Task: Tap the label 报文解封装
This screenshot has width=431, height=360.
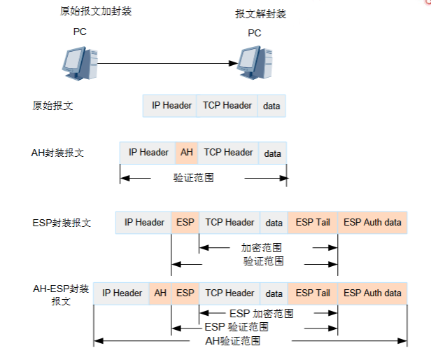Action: pos(261,14)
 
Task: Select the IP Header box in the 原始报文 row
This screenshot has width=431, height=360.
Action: pos(171,106)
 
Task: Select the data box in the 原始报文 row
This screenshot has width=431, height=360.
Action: pos(271,106)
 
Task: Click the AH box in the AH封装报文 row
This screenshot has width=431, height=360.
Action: pos(186,153)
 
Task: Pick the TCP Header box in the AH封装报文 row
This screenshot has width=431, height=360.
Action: pos(228,153)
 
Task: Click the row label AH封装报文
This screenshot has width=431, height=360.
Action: pos(58,153)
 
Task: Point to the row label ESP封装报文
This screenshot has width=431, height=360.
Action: pos(62,223)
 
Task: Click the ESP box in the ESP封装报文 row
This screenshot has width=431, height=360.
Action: pos(185,223)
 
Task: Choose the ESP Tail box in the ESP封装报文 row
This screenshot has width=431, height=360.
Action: pos(312,223)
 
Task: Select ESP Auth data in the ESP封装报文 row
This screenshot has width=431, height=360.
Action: pos(372,223)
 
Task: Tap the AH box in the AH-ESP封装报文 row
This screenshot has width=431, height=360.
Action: pos(160,293)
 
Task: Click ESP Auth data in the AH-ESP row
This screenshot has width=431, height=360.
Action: pos(372,293)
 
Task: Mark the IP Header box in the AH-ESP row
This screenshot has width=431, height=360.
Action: pos(122,293)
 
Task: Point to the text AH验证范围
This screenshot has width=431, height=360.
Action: pos(232,341)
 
